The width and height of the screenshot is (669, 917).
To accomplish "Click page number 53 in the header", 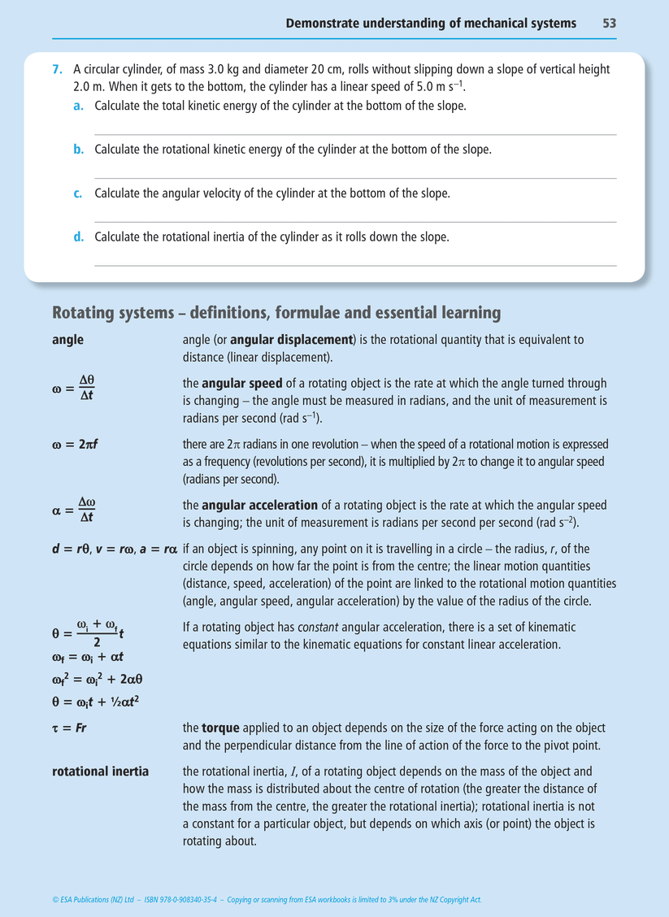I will click(x=609, y=24).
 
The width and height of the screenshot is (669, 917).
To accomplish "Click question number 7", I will click(x=56, y=71).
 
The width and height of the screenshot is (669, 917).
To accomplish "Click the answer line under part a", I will click(x=355, y=135).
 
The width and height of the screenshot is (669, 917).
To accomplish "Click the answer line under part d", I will click(x=355, y=265).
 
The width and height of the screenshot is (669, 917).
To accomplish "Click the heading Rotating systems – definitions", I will click(x=276, y=313).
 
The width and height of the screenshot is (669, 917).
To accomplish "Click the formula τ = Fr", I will click(x=69, y=728).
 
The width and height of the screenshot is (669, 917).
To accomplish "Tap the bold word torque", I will click(x=220, y=728).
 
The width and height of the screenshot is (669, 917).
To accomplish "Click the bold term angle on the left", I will click(x=67, y=340).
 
